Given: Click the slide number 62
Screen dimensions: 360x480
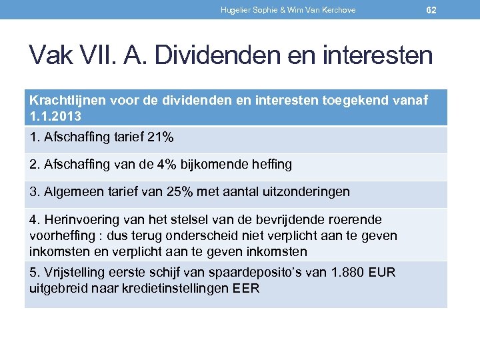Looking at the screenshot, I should click(431, 10).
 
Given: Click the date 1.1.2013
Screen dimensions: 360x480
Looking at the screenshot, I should click(56, 116).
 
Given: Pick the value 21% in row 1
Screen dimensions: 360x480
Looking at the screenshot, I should click(159, 137).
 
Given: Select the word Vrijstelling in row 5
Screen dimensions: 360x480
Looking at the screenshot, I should click(72, 273).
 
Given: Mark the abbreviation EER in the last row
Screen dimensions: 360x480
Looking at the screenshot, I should click(247, 289).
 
